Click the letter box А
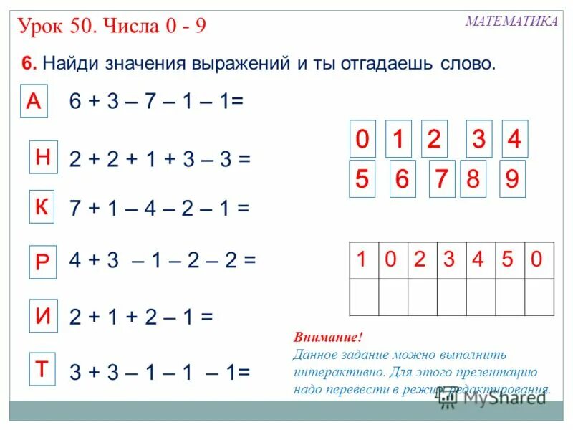(33, 102)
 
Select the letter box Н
(43, 157)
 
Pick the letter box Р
(42, 262)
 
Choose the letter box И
(43, 317)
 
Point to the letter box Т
(42, 370)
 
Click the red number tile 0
(362, 139)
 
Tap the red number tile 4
(514, 139)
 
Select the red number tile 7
(440, 179)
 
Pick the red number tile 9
(511, 179)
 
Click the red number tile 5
(362, 179)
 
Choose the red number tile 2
(434, 139)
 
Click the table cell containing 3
(449, 260)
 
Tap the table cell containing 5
(508, 260)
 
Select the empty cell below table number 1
(363, 297)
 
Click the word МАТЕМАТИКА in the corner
(511, 21)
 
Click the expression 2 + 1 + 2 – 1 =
(141, 317)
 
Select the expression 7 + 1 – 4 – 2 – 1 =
(159, 209)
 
